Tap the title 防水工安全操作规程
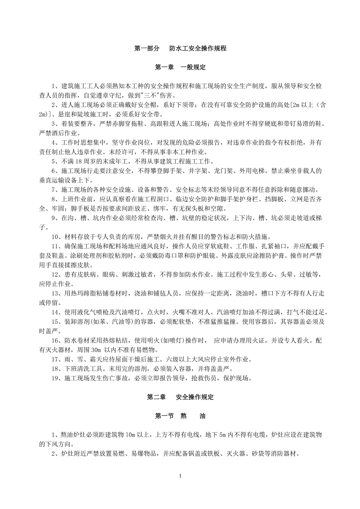click(x=198, y=49)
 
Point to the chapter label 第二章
click(x=156, y=397)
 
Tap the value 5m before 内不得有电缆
click(x=224, y=435)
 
